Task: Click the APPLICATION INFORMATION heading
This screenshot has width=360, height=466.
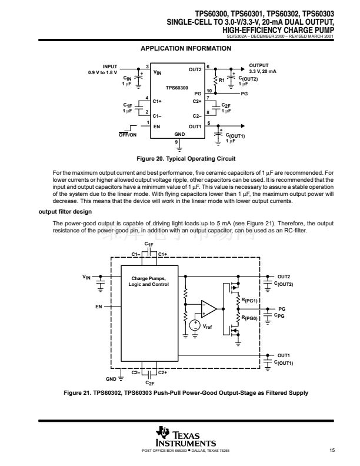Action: click(185, 48)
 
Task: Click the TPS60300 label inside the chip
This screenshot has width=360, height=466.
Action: click(176, 87)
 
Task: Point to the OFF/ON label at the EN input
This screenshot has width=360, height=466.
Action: click(128, 135)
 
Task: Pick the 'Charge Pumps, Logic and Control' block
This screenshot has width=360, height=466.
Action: click(149, 281)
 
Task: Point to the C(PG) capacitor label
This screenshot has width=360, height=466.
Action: click(283, 315)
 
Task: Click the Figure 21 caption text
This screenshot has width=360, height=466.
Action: click(185, 392)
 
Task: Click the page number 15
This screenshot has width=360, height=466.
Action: click(332, 450)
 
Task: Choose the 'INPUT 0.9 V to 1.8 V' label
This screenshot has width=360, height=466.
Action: click(103, 69)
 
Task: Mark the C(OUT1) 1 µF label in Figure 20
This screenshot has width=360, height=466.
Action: click(235, 138)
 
